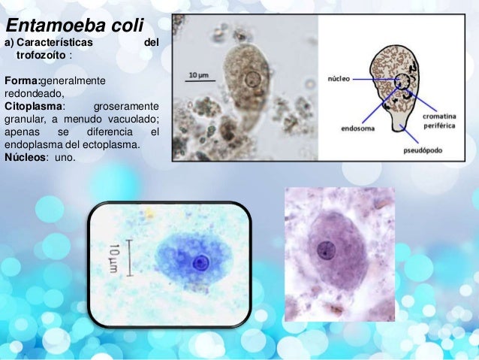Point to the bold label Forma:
tap(22, 80)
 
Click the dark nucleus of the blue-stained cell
tap(200, 262)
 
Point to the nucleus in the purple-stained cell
tap(325, 251)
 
